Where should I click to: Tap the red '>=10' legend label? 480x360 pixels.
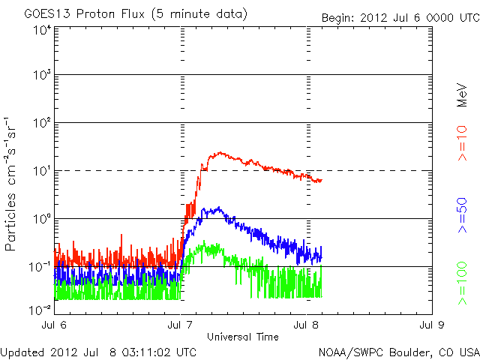(462, 142)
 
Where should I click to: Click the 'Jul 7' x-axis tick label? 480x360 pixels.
(181, 325)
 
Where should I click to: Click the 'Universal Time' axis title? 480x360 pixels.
(243, 337)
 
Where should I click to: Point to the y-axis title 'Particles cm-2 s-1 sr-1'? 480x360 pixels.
(12, 183)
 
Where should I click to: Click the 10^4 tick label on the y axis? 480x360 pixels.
(41, 30)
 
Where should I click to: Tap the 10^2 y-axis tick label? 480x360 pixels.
(41, 123)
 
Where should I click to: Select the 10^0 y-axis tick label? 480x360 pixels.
(41, 219)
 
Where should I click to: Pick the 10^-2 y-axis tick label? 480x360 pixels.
(40, 309)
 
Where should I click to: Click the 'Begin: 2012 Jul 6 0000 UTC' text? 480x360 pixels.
(398, 18)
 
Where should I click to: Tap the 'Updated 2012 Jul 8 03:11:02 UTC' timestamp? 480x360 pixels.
(99, 351)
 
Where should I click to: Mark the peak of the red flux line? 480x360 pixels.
(218, 153)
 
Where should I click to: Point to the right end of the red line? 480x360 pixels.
(321, 180)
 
